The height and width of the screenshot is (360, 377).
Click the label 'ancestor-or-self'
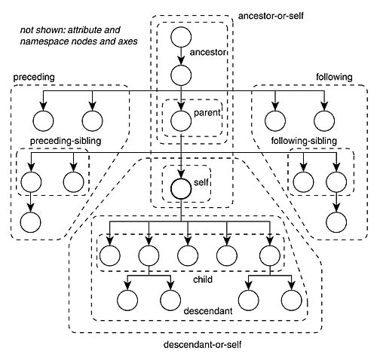point(271,16)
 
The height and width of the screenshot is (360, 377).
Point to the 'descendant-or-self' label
point(202,344)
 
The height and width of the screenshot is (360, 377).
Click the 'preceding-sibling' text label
point(66,141)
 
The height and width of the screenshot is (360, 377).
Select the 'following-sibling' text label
point(304,141)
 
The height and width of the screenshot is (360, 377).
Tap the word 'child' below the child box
point(203,279)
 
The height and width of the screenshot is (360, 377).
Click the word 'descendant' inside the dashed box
point(208,311)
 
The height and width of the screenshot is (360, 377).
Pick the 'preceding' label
point(34,77)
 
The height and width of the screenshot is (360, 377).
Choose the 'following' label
point(334,77)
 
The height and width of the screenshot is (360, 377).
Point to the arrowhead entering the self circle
point(181,174)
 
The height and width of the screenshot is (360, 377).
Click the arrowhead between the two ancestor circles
point(181,60)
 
